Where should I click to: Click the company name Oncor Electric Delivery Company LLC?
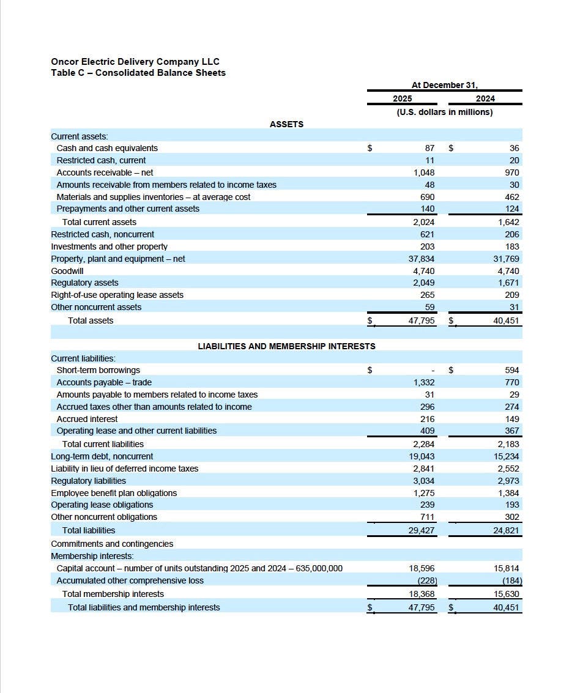pyautogui.click(x=135, y=62)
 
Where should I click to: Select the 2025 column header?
pyautogui.click(x=402, y=98)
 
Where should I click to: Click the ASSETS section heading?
pyautogui.click(x=286, y=124)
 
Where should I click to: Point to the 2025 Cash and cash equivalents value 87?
pyautogui.click(x=429, y=148)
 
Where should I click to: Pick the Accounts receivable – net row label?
pyautogui.click(x=105, y=172)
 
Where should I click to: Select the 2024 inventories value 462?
pyautogui.click(x=511, y=197)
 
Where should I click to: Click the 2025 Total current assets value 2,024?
pyautogui.click(x=423, y=222)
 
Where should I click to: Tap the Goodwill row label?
pyautogui.click(x=67, y=270)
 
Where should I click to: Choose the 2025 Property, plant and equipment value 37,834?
pyautogui.click(x=422, y=259)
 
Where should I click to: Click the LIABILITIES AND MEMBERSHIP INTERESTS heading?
pyautogui.click(x=286, y=346)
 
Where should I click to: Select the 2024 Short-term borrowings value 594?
pyautogui.click(x=511, y=370)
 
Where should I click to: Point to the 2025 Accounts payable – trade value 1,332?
pyautogui.click(x=423, y=382)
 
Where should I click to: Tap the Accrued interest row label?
pyautogui.click(x=87, y=419)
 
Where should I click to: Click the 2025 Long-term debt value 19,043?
pyautogui.click(x=422, y=456)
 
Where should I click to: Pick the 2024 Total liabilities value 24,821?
pyautogui.click(x=506, y=530)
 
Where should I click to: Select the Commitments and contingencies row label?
pyautogui.click(x=112, y=544)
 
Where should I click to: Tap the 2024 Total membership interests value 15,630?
pyautogui.click(x=506, y=594)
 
